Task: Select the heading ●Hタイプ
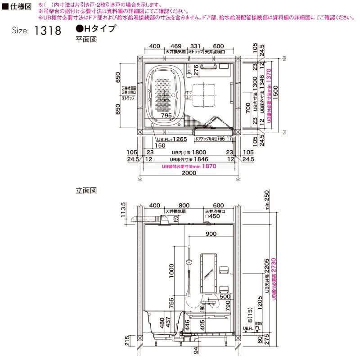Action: (96, 29)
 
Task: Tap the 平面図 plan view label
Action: (86, 40)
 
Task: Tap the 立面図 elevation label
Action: (86, 190)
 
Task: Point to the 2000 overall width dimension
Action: (189, 173)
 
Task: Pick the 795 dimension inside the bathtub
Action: (166, 116)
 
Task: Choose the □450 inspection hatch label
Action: (211, 217)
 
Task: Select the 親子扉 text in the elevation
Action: (258, 323)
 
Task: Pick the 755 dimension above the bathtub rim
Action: (172, 304)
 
